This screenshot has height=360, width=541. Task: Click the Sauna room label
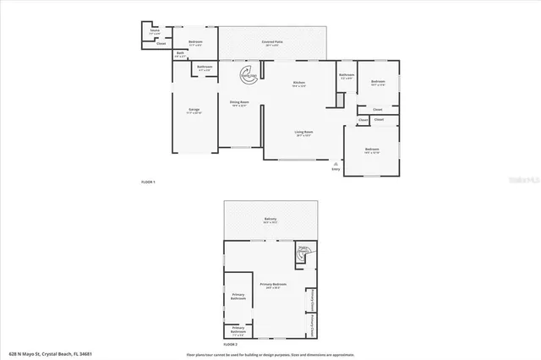pos(154,30)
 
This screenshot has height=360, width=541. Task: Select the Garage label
pos(194,110)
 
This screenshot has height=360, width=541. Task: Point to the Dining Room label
pos(239,103)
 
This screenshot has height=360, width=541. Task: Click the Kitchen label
pos(298,83)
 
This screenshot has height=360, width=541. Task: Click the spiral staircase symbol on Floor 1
pos(248,74)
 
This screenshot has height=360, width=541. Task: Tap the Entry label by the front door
pos(336,168)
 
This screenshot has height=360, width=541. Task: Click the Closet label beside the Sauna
pos(161,43)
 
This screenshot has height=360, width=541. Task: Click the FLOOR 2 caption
pos(231,345)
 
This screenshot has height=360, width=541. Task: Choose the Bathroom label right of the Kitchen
pos(347,76)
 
